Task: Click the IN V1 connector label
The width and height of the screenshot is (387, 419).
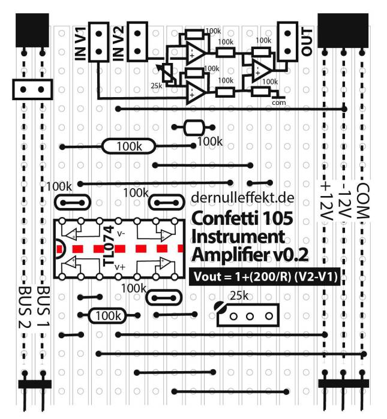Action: (82, 42)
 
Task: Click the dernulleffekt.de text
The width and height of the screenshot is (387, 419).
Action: (242, 198)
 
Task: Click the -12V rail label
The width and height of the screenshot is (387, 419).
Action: (344, 201)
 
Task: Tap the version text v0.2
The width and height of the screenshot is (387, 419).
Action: (290, 254)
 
